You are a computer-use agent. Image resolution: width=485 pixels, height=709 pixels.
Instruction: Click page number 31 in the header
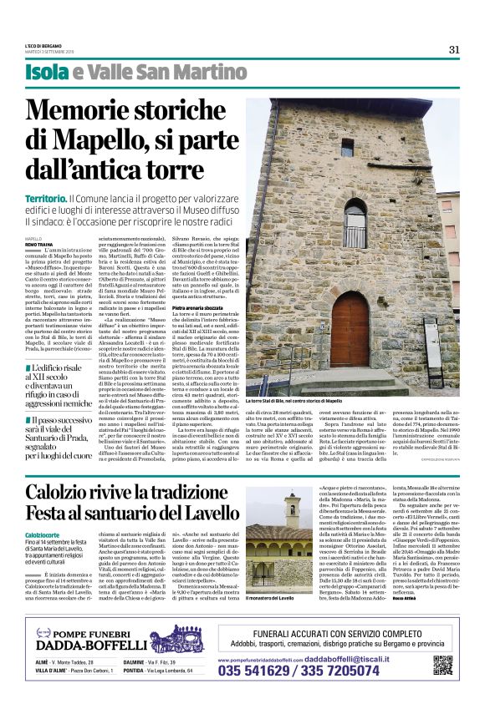454,49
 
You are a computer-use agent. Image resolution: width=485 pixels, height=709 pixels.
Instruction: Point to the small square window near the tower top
347,147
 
